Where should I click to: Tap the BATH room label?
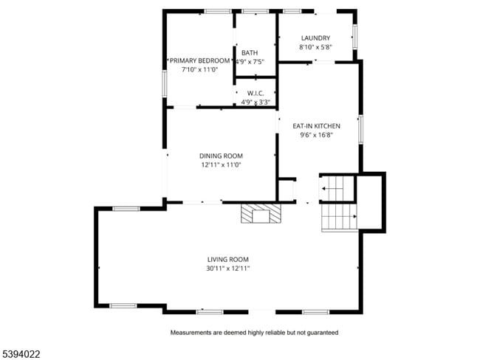250,52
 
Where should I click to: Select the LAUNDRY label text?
315,38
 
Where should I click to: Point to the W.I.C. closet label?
256,93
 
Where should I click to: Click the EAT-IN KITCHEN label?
315,126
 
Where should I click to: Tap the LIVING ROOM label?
227,260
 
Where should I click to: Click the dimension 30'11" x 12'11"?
228,269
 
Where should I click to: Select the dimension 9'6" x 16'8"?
315,135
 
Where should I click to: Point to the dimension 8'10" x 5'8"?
315,47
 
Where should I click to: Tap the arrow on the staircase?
325,190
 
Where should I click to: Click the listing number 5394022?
21,354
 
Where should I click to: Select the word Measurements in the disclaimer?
192,333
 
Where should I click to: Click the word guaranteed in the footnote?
322,333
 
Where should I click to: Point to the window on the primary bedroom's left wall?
165,83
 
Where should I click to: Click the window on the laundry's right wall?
355,35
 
